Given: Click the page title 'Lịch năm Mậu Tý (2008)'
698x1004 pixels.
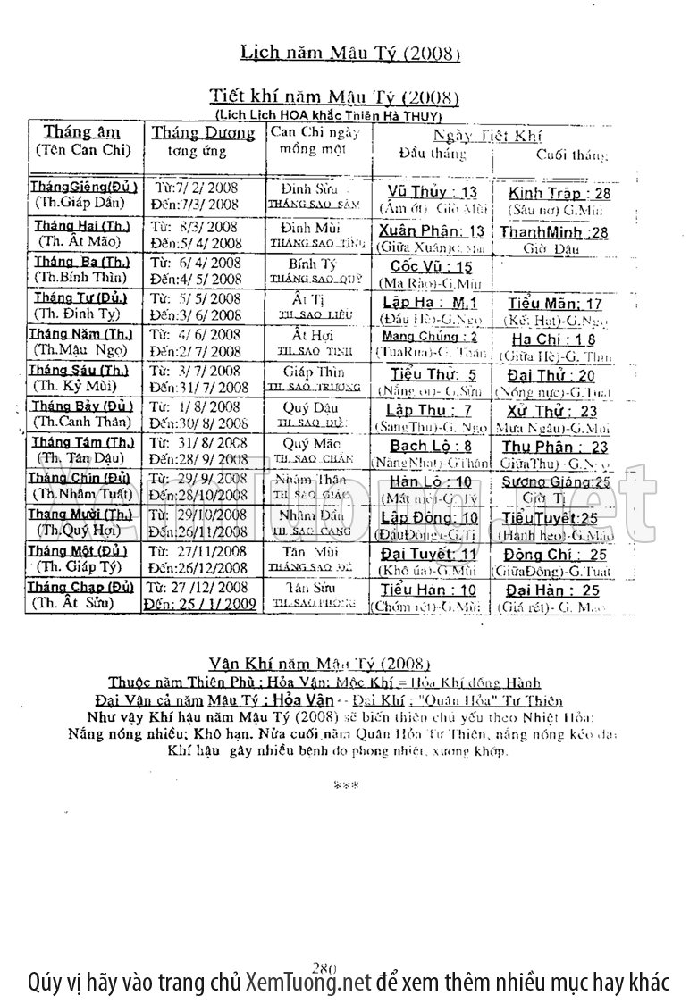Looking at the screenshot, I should pos(350,54).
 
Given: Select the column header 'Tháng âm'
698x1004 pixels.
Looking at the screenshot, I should pos(82,132).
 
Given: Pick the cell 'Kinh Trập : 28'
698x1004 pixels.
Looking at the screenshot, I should pos(559,193).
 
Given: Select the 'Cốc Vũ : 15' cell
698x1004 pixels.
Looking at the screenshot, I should pos(432,266).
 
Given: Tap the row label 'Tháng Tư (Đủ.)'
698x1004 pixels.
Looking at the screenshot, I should pos(80,297).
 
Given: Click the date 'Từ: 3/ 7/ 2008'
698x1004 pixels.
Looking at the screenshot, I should pos(195,371).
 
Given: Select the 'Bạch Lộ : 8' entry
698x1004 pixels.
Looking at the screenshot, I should pos(431,446).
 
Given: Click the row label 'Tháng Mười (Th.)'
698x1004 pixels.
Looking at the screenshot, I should pos(80,515).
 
